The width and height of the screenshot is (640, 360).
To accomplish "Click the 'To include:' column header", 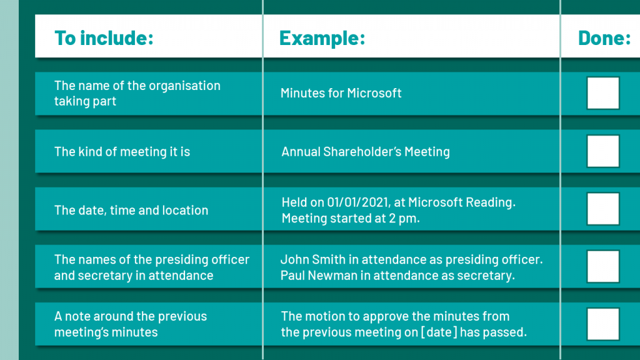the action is [104, 38].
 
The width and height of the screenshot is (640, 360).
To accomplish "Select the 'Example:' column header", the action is [322, 38].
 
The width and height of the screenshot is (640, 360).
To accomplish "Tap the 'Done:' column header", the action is [604, 38].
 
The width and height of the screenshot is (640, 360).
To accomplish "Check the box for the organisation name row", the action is [603, 93].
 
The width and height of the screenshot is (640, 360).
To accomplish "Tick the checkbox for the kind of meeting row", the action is [603, 151].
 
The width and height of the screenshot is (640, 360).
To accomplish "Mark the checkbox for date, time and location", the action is [603, 209].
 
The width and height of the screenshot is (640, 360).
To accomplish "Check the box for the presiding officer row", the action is [603, 266].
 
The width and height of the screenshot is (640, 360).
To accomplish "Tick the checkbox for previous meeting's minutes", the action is [603, 324].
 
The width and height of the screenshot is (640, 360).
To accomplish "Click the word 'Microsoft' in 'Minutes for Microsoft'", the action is [374, 93].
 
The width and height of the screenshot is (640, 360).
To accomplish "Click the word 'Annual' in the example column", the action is [301, 152].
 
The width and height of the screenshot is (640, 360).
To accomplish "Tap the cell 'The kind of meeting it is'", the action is [122, 152].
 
